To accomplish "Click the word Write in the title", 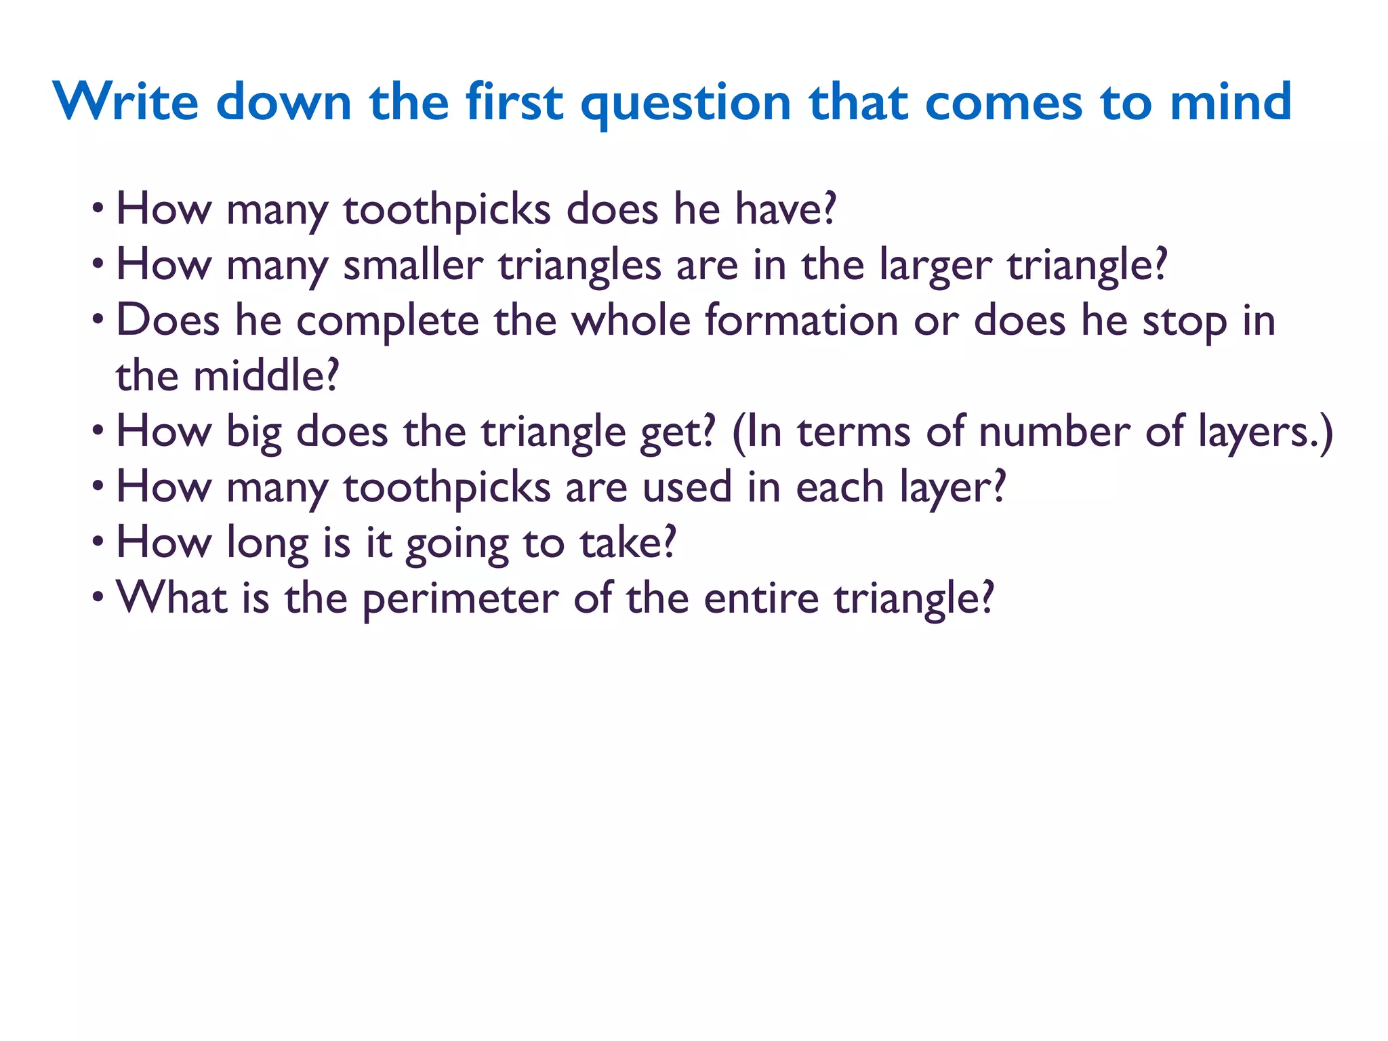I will coord(126,102).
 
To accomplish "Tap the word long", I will coord(267,544).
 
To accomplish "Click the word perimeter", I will coord(460,599).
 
